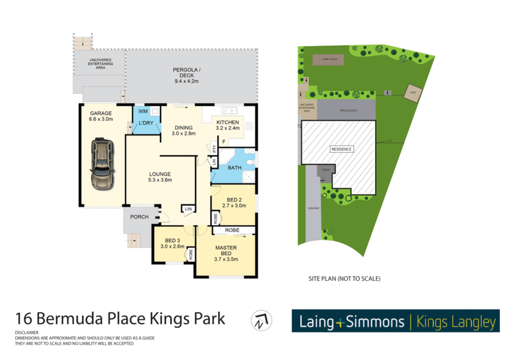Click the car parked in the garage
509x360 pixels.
pos(102,164)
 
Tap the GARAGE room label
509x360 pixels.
pos(101,113)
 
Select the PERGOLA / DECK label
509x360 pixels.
pos(187,73)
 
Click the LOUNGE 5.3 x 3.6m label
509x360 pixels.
pos(160,177)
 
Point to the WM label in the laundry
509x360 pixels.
pos(143,111)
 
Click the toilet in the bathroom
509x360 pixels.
pos(250,162)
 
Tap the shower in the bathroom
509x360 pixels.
pos(249,177)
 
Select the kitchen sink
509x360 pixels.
pos(229,110)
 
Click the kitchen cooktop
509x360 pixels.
pos(249,126)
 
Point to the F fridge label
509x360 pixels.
pos(224,142)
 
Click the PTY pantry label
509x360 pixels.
pos(214,149)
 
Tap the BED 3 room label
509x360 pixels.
pos(172,241)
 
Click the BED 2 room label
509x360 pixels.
pos(234,200)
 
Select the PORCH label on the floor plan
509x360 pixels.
pos(139,217)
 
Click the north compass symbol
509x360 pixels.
pos(261,321)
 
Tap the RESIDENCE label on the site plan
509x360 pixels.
pos(341,149)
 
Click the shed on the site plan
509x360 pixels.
pos(413,92)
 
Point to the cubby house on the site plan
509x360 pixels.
pos(328,60)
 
